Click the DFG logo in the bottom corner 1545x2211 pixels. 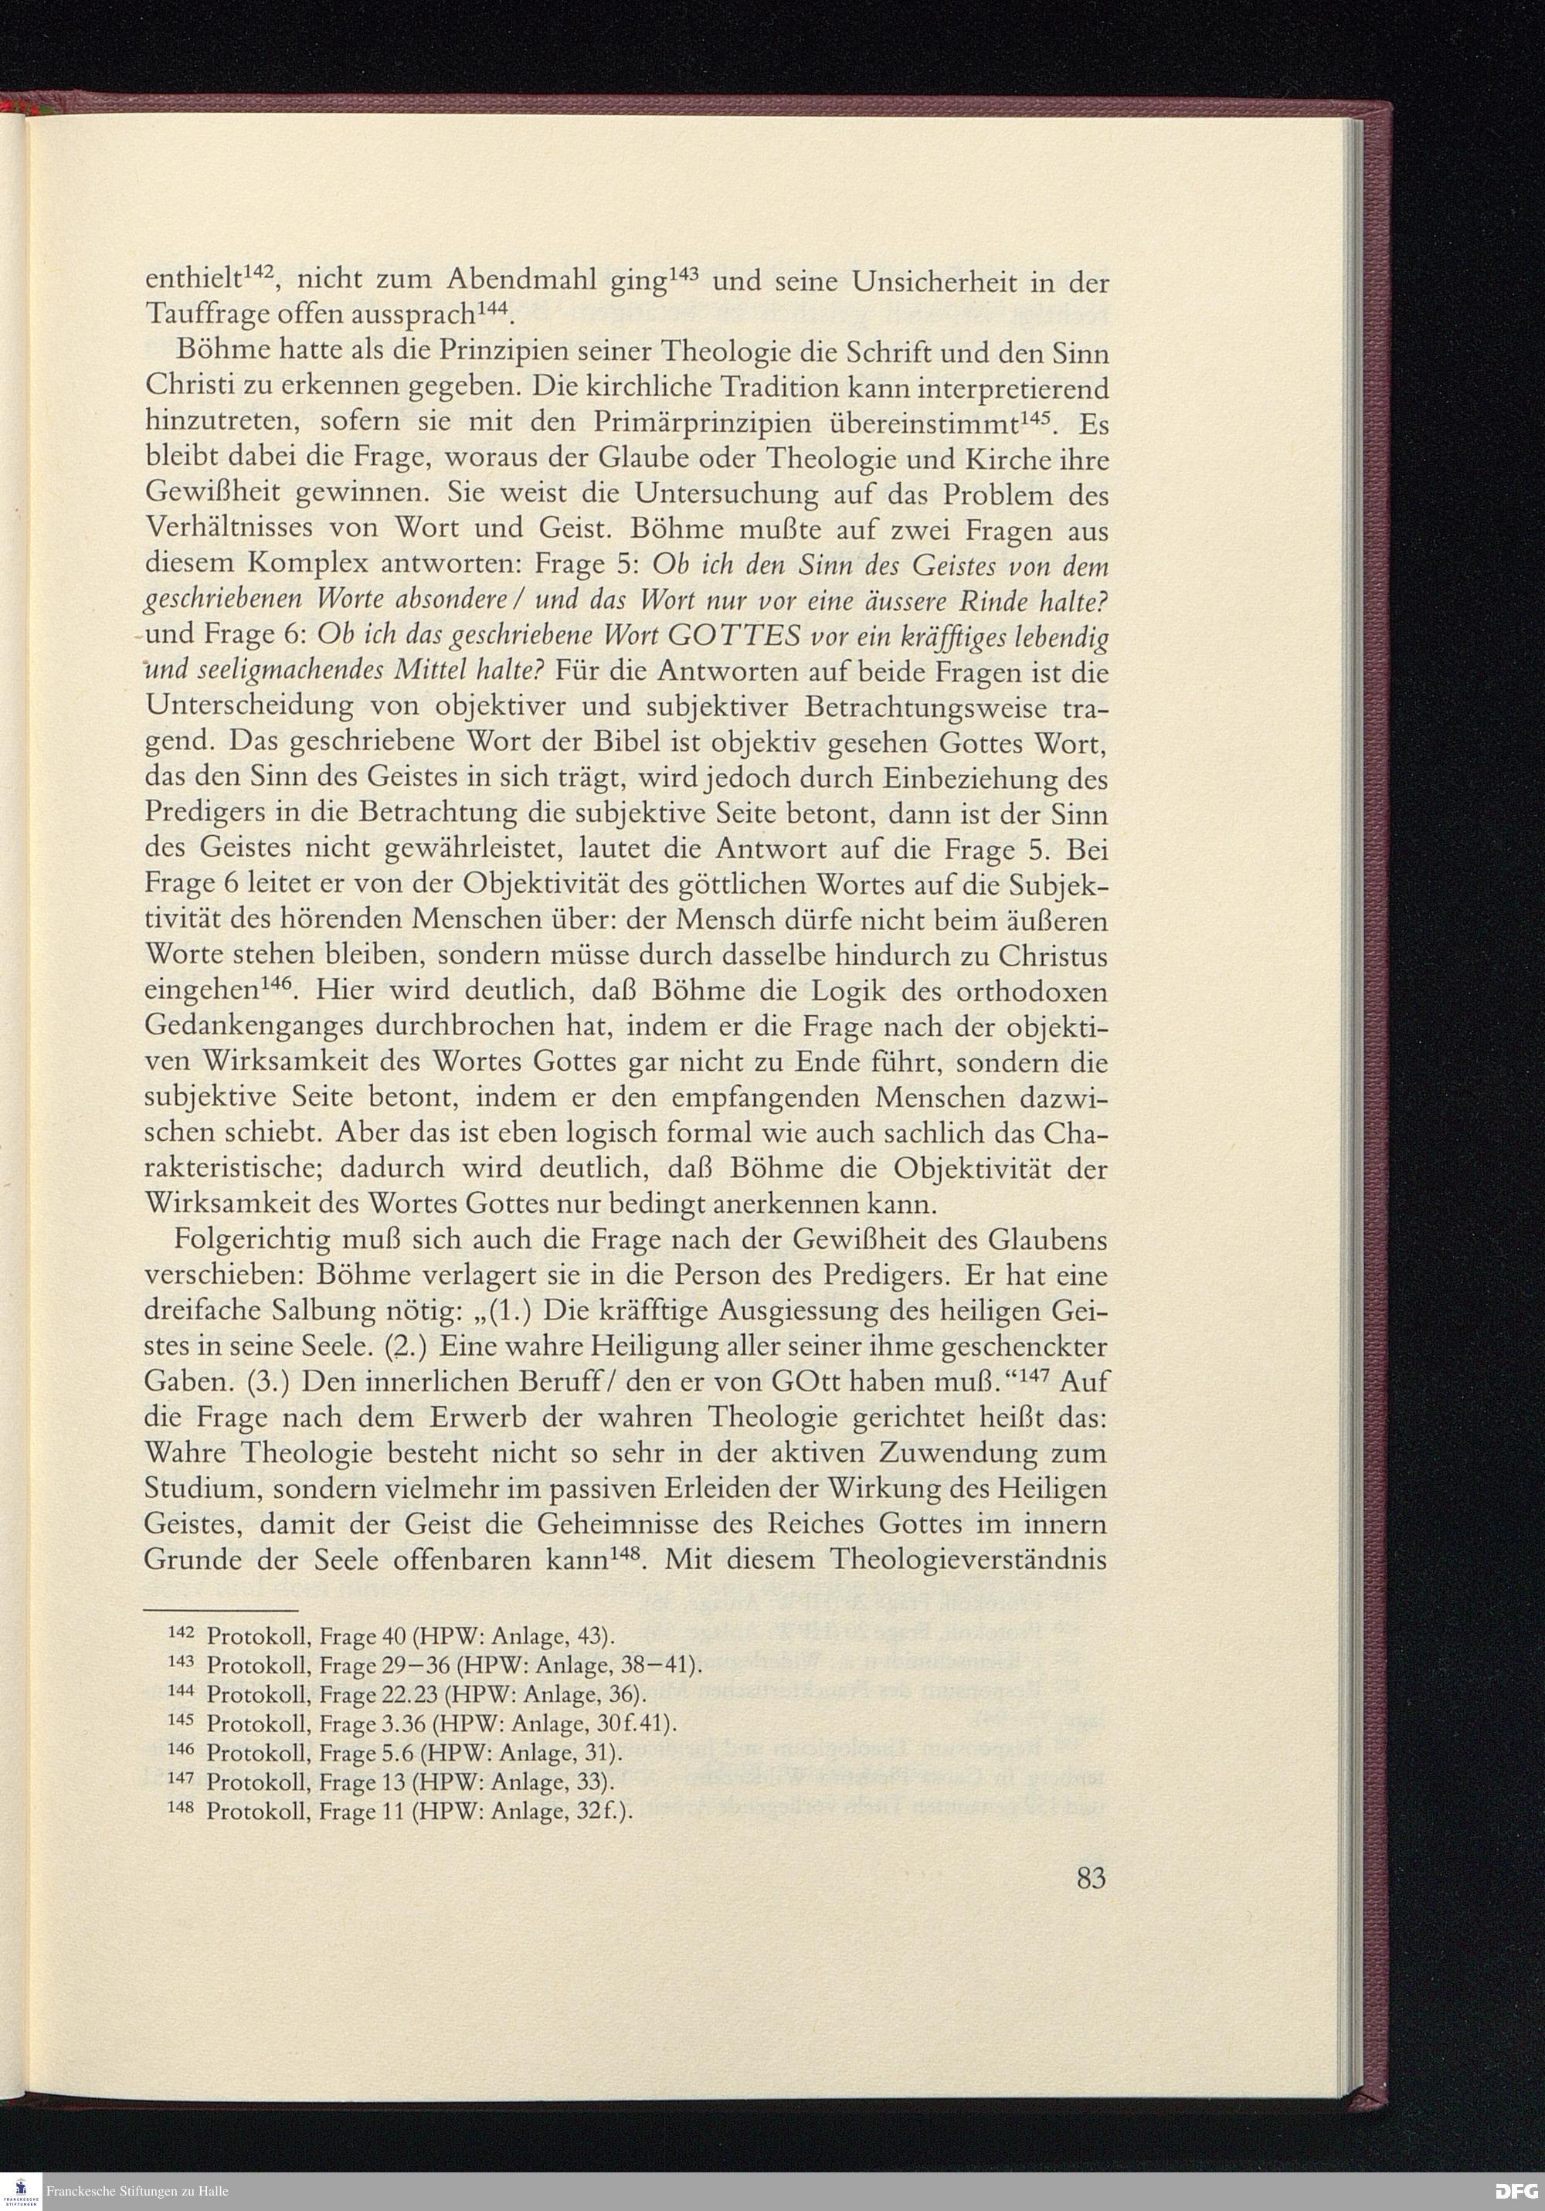click(x=1517, y=2192)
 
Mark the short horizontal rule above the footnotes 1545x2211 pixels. click(x=222, y=1610)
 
